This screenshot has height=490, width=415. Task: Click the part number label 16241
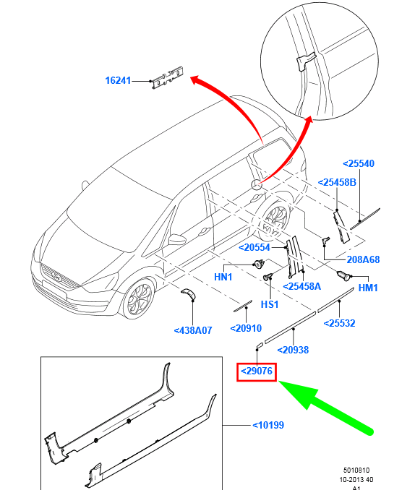click(x=118, y=80)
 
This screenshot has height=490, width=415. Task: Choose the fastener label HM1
click(x=368, y=287)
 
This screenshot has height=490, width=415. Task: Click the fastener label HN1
click(x=223, y=277)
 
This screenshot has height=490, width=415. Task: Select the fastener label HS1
click(x=270, y=304)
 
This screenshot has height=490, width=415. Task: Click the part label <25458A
click(x=301, y=286)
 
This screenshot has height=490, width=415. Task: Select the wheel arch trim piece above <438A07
click(x=189, y=293)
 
